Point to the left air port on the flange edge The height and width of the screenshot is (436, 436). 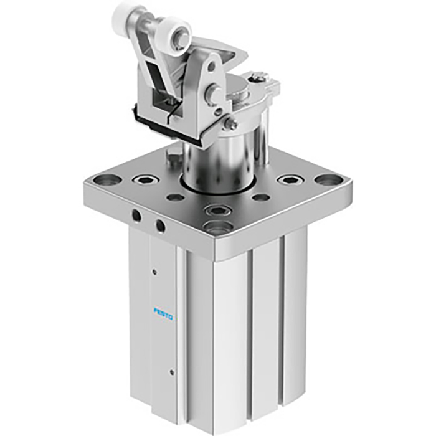click(136, 216)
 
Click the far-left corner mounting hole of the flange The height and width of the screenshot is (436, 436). click(107, 180)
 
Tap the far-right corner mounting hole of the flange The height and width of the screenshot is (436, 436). click(328, 180)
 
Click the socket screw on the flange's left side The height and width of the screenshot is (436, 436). click(147, 180)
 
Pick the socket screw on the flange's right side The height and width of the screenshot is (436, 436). click(289, 180)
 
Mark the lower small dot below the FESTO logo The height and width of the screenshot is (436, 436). click(172, 373)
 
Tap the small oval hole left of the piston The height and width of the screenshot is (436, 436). click(176, 197)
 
